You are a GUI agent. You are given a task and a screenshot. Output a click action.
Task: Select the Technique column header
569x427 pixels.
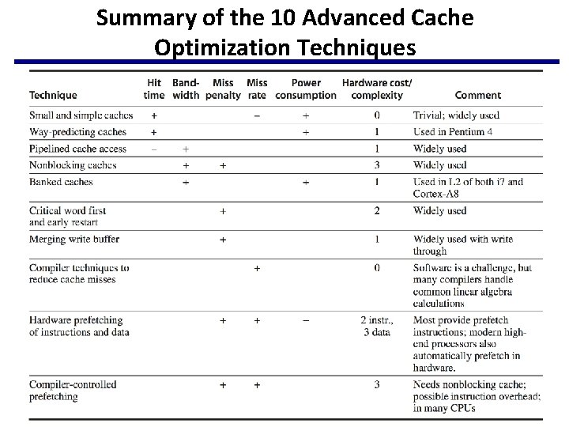[53, 95]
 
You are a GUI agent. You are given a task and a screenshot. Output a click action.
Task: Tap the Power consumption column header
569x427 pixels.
[306, 89]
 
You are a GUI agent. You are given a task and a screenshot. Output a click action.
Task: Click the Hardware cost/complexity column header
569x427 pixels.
[377, 89]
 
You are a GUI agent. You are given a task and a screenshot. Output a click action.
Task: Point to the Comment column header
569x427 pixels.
[477, 95]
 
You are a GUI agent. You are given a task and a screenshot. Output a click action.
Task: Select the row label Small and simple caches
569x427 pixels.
[81, 115]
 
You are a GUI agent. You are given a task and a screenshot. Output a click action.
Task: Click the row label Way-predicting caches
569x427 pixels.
[77, 132]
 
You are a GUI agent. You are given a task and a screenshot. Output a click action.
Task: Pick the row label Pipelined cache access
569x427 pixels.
[77, 149]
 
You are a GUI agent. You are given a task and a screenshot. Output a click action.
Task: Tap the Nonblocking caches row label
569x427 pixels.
[73, 165]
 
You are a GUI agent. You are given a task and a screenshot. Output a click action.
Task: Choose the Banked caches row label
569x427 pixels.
[61, 182]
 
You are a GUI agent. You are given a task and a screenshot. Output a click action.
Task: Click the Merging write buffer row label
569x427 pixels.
[74, 239]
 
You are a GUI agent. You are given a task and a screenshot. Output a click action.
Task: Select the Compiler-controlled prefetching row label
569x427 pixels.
[73, 391]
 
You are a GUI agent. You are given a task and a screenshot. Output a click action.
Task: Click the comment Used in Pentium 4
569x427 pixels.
[452, 132]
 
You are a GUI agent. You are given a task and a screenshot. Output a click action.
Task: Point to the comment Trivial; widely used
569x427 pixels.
[456, 115]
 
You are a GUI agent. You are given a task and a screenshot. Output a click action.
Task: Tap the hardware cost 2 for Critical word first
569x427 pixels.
[377, 211]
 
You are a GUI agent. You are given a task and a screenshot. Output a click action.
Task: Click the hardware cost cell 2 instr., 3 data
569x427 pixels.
[377, 327]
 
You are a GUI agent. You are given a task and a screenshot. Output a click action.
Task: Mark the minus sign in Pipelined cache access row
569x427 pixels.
[153, 149]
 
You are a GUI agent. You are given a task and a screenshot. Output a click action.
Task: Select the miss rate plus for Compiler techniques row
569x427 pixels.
[257, 268]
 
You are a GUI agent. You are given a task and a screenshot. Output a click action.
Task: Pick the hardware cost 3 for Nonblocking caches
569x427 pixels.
[377, 165]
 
